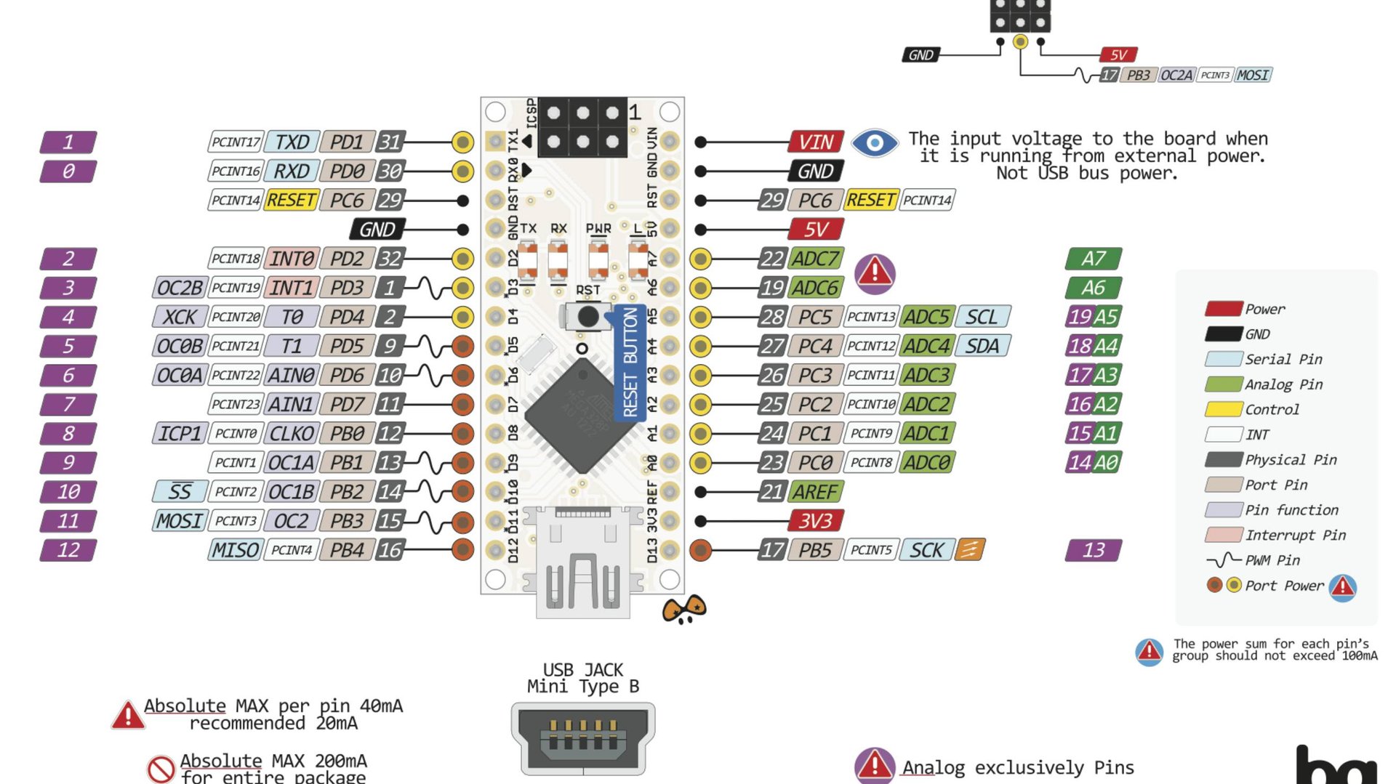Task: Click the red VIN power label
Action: [x=816, y=142]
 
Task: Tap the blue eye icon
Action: [x=875, y=143]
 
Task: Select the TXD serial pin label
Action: [x=292, y=142]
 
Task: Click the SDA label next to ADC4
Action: [x=982, y=346]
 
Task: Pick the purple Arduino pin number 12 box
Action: [x=68, y=550]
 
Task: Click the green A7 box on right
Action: [x=1093, y=259]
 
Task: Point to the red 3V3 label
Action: [x=815, y=521]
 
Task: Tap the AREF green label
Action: [x=815, y=492]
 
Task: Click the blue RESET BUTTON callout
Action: [x=630, y=363]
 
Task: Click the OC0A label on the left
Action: [x=180, y=375]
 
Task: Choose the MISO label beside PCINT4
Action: [x=235, y=550]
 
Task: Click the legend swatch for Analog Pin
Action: [x=1223, y=384]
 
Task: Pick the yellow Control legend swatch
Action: [x=1223, y=409]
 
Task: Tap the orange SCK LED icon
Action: [x=970, y=550]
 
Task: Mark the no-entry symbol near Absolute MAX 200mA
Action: [x=161, y=769]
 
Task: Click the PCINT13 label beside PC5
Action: [x=871, y=317]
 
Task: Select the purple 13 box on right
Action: [x=1093, y=550]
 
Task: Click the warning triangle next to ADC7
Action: [x=875, y=273]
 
